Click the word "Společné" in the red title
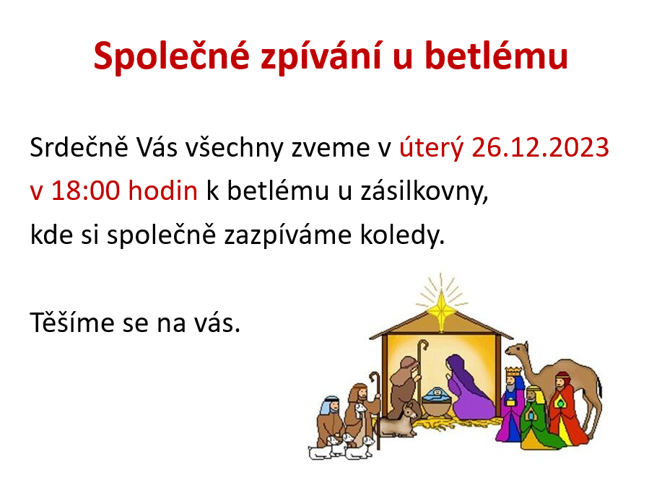point(171,56)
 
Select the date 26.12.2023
point(541,147)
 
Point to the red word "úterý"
point(432,149)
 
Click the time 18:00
point(86,191)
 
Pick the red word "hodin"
point(163,190)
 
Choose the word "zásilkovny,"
point(424,191)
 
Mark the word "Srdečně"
point(79,147)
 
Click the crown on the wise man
point(514,372)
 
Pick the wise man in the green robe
point(536,418)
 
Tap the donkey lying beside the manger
point(399,420)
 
